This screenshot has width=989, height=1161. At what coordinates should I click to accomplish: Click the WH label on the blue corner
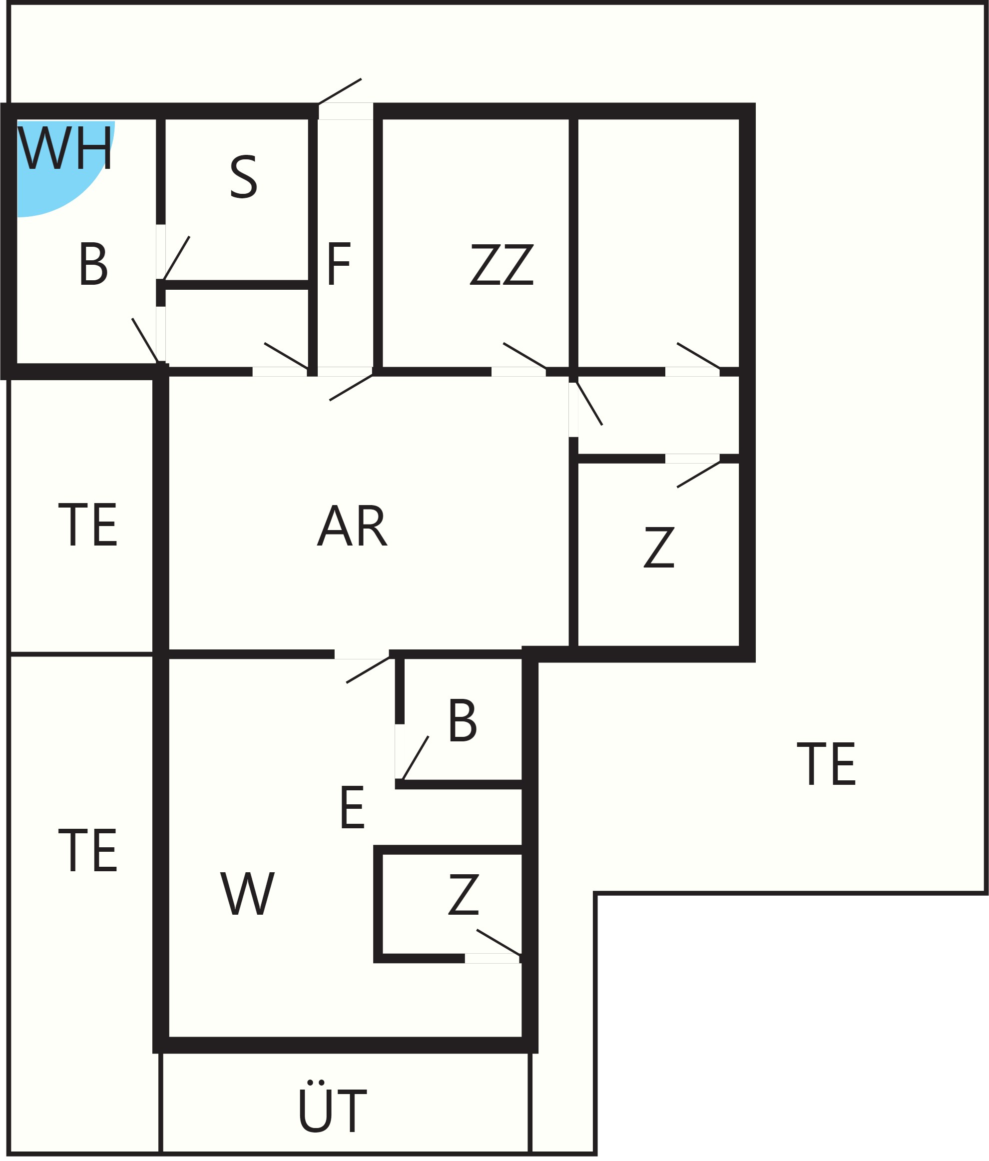point(65,148)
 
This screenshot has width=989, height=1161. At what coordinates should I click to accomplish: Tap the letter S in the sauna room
point(244,176)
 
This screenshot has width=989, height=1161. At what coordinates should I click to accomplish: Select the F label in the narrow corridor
point(339,263)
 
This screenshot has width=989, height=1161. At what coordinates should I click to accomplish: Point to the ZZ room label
point(501,264)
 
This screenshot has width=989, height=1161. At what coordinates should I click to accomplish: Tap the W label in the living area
point(247,894)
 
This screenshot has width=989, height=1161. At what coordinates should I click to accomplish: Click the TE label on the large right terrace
point(826,764)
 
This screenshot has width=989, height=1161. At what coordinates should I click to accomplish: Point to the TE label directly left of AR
point(88,525)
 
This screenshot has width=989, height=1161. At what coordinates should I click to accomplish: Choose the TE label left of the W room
point(88,851)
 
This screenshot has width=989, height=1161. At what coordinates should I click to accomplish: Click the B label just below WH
point(93,264)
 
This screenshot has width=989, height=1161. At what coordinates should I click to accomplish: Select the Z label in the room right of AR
point(658,547)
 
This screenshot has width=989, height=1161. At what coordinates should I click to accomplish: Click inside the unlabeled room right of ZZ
point(658,241)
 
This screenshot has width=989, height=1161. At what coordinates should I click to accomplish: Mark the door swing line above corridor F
point(340,91)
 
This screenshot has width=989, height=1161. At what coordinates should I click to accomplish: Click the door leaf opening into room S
point(176,258)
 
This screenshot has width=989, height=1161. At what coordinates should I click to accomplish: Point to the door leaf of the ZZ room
point(524,356)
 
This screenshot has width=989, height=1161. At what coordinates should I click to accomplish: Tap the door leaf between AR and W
point(368,669)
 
